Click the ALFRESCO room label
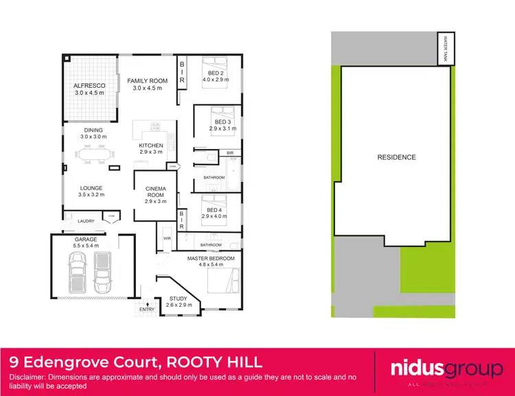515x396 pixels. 89,86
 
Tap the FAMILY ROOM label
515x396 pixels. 148,81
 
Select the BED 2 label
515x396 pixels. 215,73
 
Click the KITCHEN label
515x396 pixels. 151,145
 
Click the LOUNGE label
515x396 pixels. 91,187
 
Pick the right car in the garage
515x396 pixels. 102,270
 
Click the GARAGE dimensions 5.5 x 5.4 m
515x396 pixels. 86,245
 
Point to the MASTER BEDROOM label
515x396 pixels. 211,257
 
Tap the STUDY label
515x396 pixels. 178,299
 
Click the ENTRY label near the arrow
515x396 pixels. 147,310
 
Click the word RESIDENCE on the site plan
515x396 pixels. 396,157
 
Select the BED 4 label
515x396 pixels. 214,210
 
